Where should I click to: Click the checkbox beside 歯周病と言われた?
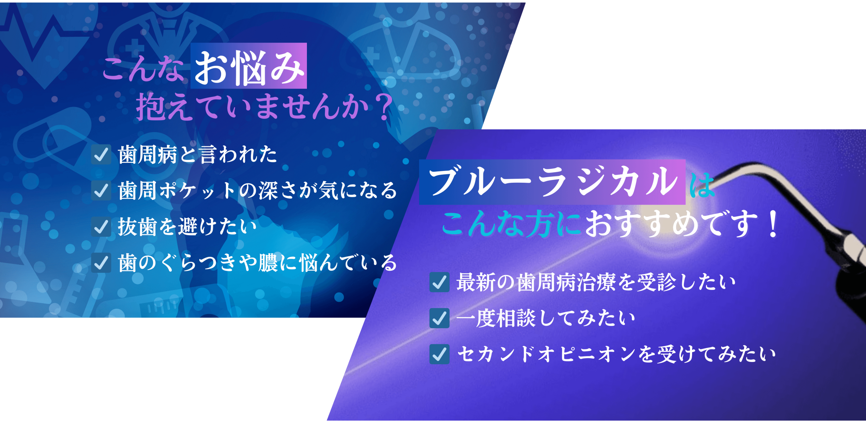[101, 154]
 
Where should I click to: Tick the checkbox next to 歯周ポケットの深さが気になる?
[101, 190]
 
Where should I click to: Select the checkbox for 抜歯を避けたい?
[101, 227]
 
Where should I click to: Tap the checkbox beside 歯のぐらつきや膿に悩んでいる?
[101, 263]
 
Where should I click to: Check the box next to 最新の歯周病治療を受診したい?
[439, 282]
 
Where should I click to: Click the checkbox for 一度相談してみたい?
[439, 318]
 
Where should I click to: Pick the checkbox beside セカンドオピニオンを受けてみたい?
[439, 354]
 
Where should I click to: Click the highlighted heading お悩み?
[249, 66]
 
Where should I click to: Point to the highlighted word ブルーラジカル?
[552, 182]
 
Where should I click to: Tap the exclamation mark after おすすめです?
[773, 224]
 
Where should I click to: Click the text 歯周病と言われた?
[197, 154]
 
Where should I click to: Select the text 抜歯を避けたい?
[187, 227]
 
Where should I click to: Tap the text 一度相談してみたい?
[546, 318]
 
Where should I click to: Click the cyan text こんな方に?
[511, 224]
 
